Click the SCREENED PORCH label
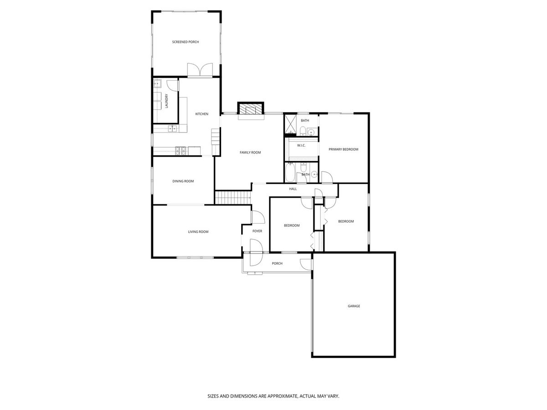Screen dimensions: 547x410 (186, 42)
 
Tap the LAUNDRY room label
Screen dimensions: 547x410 (166, 101)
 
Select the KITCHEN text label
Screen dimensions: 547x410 (201, 114)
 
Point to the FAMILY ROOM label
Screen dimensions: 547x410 (250, 152)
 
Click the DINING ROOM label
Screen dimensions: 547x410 (183, 181)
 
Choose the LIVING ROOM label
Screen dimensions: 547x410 (198, 231)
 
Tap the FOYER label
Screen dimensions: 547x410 (257, 231)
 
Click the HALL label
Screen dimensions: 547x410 (293, 189)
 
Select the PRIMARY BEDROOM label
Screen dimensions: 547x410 (343, 149)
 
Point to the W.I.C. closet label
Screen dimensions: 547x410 (301, 145)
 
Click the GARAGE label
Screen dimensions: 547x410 (354, 306)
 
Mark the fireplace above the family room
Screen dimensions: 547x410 (250, 109)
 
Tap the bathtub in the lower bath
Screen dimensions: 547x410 (290, 173)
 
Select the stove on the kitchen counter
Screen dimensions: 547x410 (181, 151)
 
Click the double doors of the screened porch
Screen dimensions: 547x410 (200, 70)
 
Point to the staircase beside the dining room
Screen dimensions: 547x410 (233, 197)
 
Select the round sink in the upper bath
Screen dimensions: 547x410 (310, 132)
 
